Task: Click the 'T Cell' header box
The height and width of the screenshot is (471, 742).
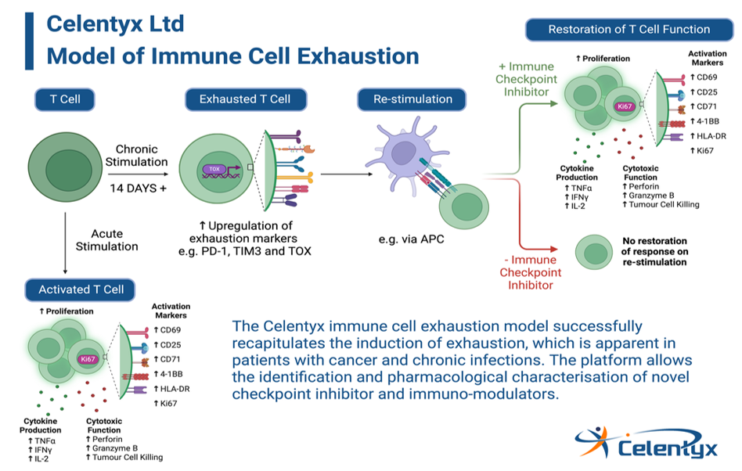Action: [65, 99]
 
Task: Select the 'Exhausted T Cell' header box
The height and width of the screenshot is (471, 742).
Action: [245, 99]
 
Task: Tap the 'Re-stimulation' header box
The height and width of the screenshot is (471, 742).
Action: [412, 99]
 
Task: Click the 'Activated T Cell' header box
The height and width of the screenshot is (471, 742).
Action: [81, 289]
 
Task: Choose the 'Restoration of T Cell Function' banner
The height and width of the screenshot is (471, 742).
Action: [629, 29]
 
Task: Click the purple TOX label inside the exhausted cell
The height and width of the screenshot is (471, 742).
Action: [214, 169]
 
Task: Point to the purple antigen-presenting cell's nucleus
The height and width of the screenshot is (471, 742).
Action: [403, 153]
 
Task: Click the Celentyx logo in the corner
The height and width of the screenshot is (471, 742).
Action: [647, 443]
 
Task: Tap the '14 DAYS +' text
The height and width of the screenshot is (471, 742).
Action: [139, 189]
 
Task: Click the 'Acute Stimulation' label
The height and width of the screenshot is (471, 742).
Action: [107, 239]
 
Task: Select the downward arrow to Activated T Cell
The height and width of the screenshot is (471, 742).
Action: [65, 243]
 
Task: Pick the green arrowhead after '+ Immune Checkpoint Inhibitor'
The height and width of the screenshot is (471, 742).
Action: [553, 103]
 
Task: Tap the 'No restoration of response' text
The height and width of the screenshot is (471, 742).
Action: [654, 251]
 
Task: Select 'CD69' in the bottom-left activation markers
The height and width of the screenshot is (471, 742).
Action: [171, 330]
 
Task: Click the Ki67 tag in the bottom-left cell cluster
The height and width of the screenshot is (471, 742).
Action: [88, 359]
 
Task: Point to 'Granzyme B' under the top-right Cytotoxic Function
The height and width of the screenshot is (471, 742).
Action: [651, 196]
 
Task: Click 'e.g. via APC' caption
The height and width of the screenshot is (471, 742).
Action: [411, 239]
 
